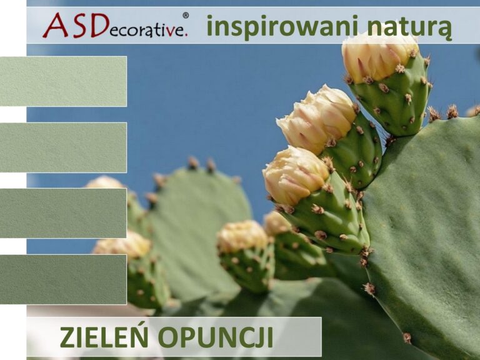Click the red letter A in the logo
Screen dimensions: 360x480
point(55,26)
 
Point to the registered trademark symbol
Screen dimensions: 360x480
point(186,14)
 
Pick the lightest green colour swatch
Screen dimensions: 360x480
point(63,81)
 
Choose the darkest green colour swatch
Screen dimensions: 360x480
point(63,279)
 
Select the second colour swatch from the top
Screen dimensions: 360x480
point(63,147)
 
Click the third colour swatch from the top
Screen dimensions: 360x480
point(63,213)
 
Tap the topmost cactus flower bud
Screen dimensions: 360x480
point(379,56)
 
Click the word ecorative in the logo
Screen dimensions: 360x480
point(147,29)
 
